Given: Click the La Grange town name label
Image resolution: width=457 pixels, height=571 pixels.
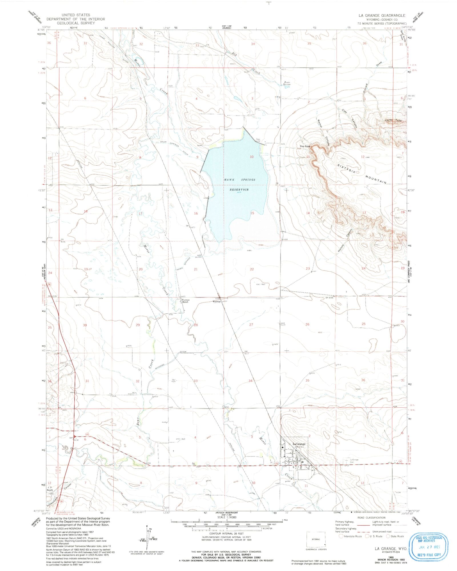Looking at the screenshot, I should point(299,452).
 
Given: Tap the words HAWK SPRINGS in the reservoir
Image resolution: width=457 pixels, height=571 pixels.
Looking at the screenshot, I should point(239,180).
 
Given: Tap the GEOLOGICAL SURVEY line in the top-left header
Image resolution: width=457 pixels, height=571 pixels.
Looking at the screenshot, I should point(76,23).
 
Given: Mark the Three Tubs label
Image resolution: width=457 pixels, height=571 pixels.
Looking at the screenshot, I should point(393,121).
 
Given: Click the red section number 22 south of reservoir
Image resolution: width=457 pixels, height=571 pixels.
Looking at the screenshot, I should point(252,269).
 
